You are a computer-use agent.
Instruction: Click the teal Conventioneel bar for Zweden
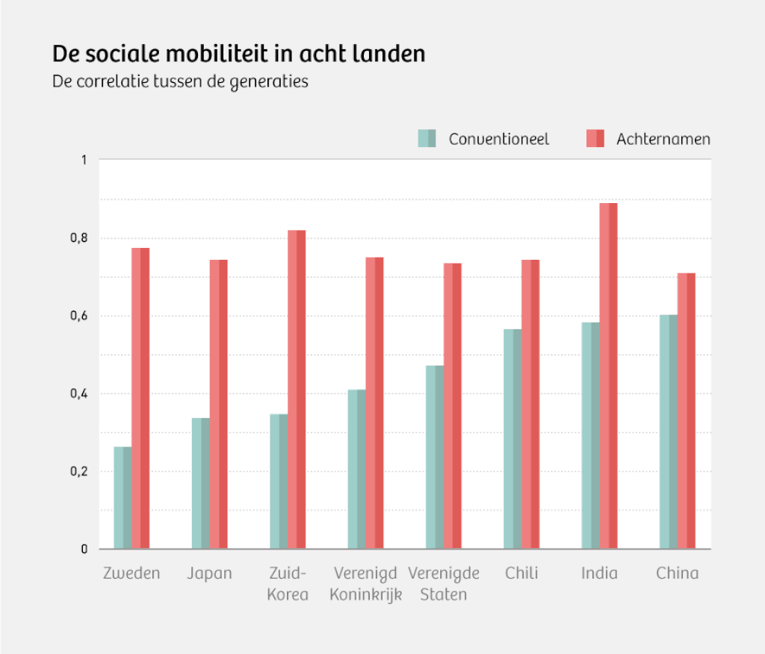click(123, 498)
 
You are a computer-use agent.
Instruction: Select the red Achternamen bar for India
click(608, 376)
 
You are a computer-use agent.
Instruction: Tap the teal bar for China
click(668, 432)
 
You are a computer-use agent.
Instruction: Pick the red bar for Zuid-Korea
click(297, 390)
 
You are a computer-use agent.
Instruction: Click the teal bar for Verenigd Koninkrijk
click(356, 469)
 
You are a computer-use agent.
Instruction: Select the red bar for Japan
click(218, 404)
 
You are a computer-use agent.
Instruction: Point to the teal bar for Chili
click(512, 439)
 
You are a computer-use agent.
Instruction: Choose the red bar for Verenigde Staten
click(453, 406)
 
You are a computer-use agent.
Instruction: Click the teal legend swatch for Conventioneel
click(427, 138)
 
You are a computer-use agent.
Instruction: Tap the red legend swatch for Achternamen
click(595, 138)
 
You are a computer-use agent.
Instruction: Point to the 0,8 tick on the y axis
click(78, 238)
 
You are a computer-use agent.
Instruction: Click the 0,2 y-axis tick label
click(78, 471)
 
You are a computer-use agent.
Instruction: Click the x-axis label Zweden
click(131, 573)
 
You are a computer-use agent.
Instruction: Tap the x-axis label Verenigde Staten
click(444, 584)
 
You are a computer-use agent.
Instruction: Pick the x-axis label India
click(599, 573)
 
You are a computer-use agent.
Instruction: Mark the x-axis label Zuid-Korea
click(288, 584)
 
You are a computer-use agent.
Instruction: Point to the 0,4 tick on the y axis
click(78, 393)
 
